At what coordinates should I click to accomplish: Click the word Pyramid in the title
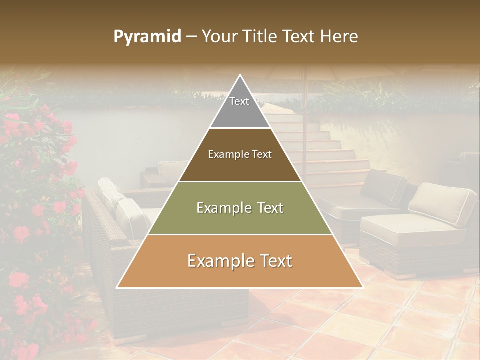(147, 37)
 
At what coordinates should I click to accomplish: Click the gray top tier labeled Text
(239, 107)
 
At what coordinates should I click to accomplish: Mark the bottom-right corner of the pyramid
(362, 287)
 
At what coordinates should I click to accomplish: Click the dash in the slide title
(191, 37)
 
